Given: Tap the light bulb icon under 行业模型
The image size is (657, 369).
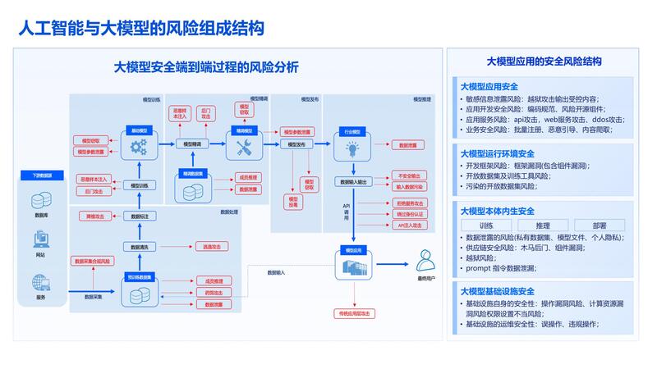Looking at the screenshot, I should tap(351, 149).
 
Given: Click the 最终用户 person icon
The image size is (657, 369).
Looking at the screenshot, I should tap(425, 260).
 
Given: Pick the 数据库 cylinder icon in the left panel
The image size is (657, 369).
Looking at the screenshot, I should tap(40, 200).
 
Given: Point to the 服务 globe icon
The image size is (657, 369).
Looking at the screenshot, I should tap(40, 283).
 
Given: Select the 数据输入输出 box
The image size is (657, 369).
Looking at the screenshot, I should tap(352, 181).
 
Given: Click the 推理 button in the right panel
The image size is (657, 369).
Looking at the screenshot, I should tap(542, 225).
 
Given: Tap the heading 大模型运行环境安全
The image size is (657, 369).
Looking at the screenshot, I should tap(497, 153).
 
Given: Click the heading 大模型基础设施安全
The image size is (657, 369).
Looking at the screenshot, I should tap(497, 290).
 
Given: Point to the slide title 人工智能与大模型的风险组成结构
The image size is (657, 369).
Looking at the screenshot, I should tap(141, 30).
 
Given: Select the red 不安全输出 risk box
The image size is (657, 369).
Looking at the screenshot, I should tap(407, 175).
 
